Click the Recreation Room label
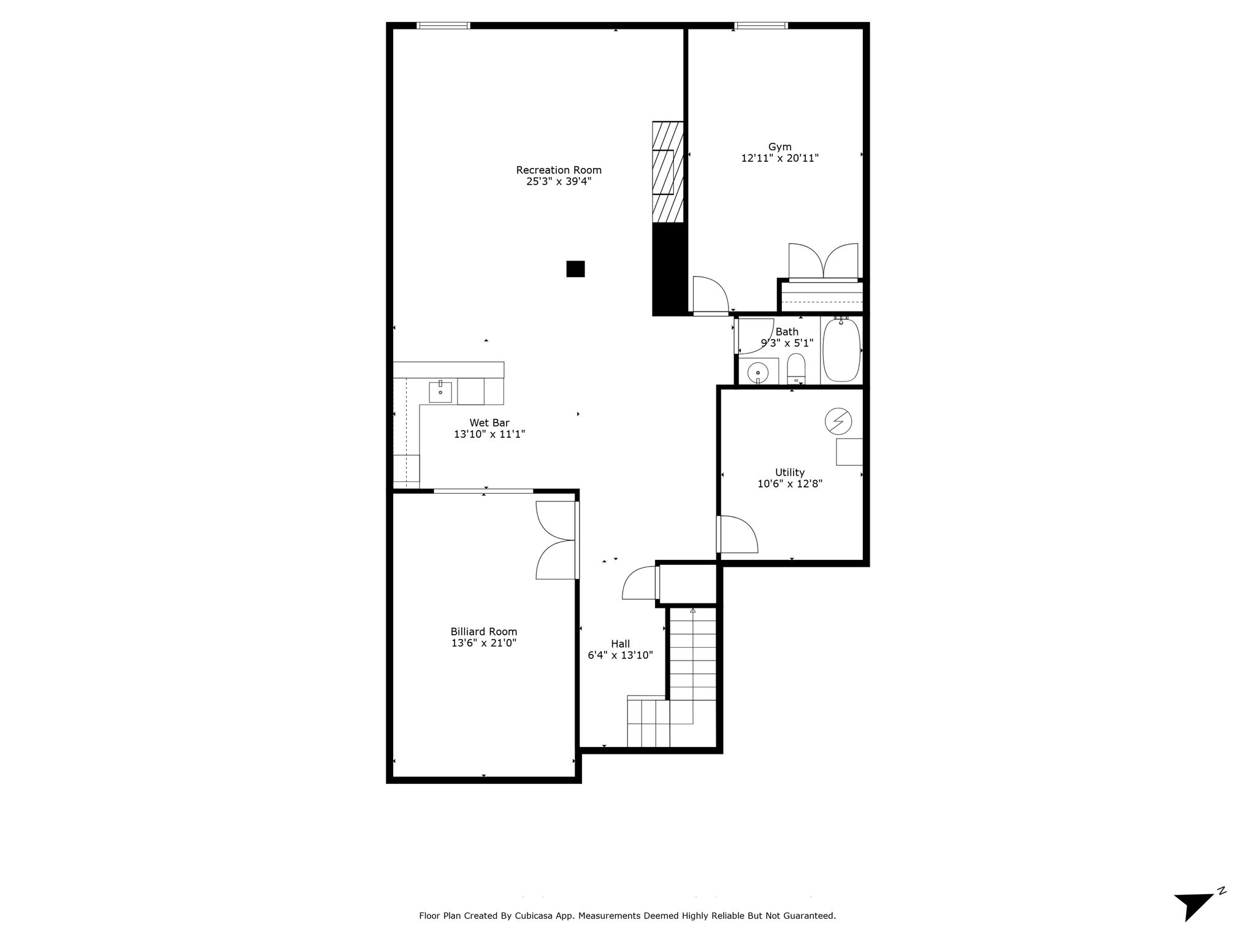click(x=559, y=170)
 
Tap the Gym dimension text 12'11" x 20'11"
click(x=780, y=158)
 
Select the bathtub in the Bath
click(x=841, y=350)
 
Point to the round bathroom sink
click(x=759, y=372)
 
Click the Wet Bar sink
click(x=440, y=392)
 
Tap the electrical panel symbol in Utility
click(x=838, y=421)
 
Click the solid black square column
click(x=575, y=269)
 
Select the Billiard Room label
click(x=484, y=632)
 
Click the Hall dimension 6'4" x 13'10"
click(x=620, y=655)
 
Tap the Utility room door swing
click(x=738, y=534)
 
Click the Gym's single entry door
click(x=711, y=296)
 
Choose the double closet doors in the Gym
click(x=823, y=262)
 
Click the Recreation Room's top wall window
click(x=443, y=26)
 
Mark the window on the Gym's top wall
click(x=761, y=26)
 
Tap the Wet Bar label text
click(x=489, y=423)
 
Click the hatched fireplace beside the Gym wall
click(x=668, y=172)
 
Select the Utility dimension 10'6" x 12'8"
click(x=790, y=483)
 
